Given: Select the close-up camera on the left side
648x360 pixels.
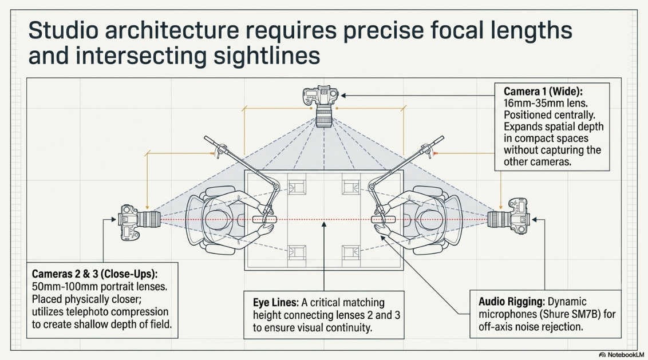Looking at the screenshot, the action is tap(140, 222).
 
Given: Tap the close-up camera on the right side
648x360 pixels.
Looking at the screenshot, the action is tap(508, 216).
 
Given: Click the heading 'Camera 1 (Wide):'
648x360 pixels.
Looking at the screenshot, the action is tap(543, 92).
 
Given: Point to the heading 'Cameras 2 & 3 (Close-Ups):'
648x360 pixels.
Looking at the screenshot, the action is tap(94, 274).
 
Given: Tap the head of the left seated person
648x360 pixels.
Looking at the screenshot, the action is tap(218, 220).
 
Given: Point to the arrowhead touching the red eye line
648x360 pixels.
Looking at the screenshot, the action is tap(324, 225).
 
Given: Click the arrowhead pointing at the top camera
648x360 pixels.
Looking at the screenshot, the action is tap(343, 96).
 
